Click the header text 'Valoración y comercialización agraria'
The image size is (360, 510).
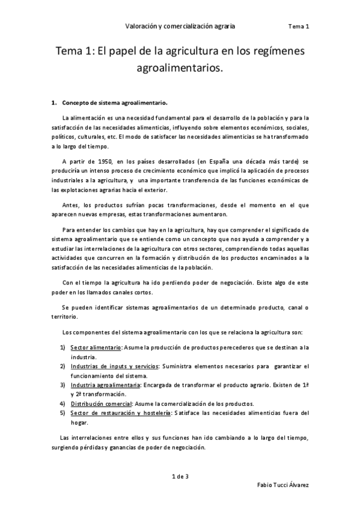pos(180,26)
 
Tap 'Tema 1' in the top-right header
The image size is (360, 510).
pos(298,26)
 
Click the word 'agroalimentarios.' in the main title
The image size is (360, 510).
pos(180,69)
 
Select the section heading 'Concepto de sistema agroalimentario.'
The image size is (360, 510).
pos(115,103)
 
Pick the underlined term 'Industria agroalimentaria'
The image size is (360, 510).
pos(105,384)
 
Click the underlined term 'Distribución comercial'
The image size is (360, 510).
pos(100,403)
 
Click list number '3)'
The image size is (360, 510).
pos(63,384)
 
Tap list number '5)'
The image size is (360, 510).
pos(63,413)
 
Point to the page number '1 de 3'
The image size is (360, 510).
pos(180,477)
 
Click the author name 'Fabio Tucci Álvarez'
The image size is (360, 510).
pos(282,485)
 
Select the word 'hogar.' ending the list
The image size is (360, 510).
pos(79,422)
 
